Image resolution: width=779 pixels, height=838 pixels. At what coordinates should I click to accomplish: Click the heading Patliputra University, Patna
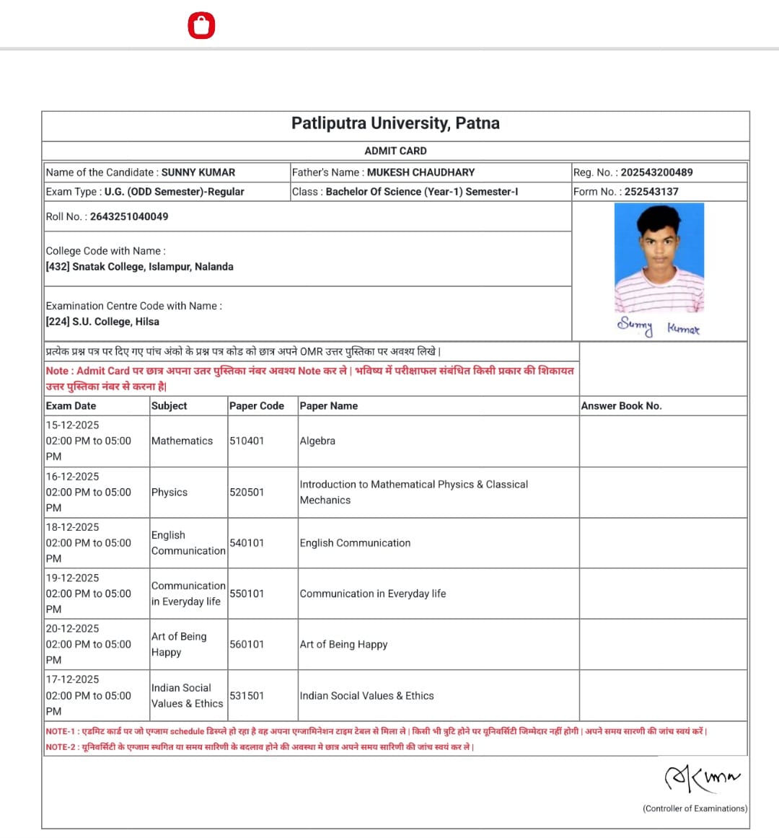(x=395, y=123)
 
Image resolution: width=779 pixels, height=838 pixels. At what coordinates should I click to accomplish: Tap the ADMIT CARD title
(x=395, y=151)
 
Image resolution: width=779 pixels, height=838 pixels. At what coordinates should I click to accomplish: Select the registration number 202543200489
(x=656, y=172)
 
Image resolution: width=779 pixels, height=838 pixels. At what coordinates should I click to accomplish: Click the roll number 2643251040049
(x=129, y=216)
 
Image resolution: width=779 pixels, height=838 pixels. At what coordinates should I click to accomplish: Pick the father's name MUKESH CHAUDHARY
(x=421, y=172)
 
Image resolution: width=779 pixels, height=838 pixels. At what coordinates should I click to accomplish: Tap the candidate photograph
(x=659, y=257)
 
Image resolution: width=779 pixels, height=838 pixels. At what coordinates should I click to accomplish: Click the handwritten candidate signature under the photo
(x=658, y=327)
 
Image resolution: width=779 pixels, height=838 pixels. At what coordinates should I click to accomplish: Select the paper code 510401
(x=247, y=441)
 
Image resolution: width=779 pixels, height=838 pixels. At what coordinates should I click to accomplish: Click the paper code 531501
(x=247, y=696)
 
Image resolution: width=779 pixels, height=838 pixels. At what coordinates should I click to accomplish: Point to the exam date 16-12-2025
(x=72, y=477)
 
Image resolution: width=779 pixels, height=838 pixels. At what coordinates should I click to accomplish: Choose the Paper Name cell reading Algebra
(x=317, y=441)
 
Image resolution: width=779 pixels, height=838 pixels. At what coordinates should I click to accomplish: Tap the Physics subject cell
(x=170, y=492)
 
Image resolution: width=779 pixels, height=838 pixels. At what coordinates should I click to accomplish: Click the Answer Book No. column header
(x=621, y=406)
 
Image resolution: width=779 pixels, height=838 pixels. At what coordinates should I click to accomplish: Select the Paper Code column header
(x=257, y=406)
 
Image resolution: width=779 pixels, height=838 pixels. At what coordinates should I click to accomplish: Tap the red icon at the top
(x=201, y=26)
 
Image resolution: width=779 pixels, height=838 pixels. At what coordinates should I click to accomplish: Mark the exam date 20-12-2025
(x=72, y=629)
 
